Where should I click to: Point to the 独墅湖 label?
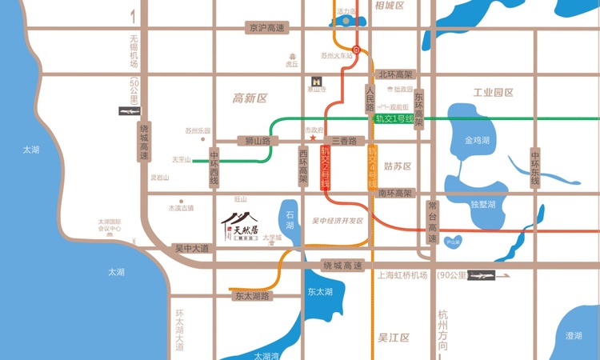[484, 205]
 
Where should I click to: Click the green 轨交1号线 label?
[394, 119]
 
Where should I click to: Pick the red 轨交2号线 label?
[326, 167]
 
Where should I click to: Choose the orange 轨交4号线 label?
[372, 167]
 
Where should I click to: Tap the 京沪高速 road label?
[266, 28]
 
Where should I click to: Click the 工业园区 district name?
[493, 93]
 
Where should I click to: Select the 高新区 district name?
[250, 98]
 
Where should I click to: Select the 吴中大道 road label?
[192, 249]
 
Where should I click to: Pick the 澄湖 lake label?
[573, 336]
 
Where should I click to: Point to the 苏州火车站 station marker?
[357, 50]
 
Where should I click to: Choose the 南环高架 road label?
[395, 194]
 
